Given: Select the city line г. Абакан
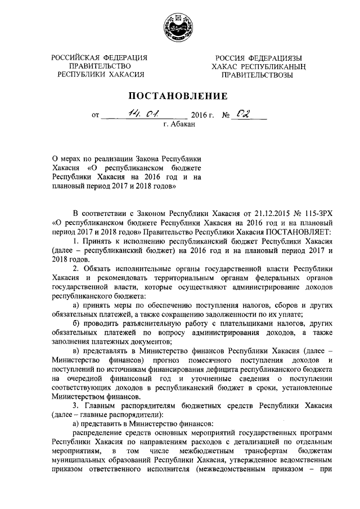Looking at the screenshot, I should pyautogui.click(x=179, y=125).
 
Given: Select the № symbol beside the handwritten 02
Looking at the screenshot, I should pyautogui.click(x=227, y=116).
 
